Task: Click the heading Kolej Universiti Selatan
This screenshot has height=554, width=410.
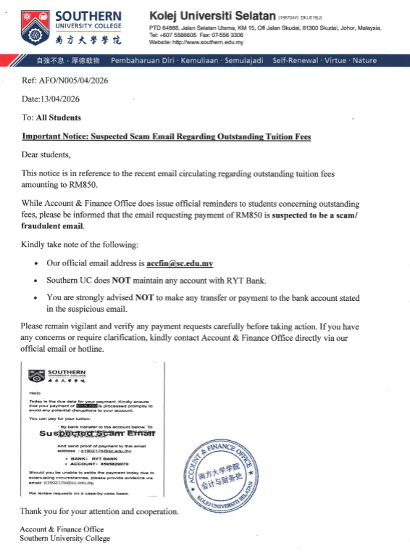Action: point(212,15)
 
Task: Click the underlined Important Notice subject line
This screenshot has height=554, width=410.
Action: point(167,136)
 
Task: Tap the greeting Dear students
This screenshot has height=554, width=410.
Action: point(46,155)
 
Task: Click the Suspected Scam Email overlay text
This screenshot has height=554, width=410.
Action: point(97,433)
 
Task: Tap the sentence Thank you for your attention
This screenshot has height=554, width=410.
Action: point(98,512)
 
